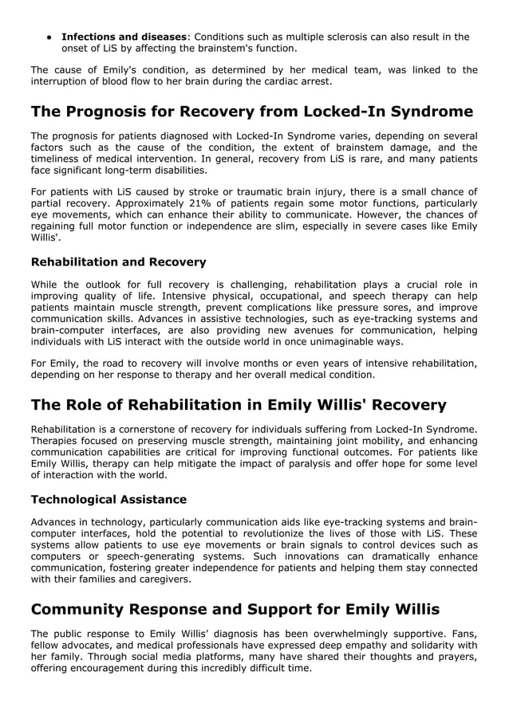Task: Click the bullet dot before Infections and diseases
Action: point(49,37)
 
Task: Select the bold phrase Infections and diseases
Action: point(124,37)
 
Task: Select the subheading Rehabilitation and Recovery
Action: point(118,261)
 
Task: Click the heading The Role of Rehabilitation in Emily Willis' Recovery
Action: point(239,405)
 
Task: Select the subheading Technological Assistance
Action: point(109,500)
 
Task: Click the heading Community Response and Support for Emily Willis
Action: point(235,610)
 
